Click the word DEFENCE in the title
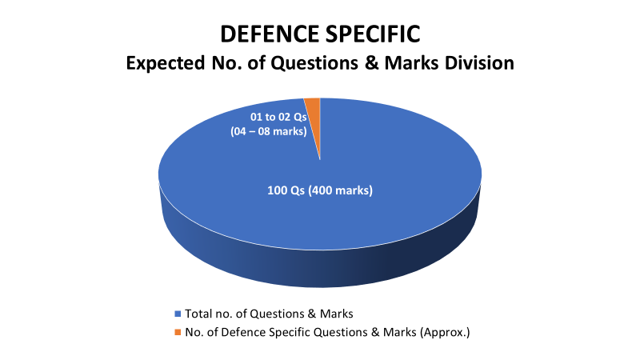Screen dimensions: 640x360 pyautogui.click(x=270, y=34)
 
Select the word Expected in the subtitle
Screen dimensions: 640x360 pyautogui.click(x=166, y=64)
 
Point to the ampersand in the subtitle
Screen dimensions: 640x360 pyautogui.click(x=372, y=63)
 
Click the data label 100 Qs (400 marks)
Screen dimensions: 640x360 pyautogui.click(x=320, y=190)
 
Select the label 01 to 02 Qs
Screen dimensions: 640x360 pyautogui.click(x=278, y=117)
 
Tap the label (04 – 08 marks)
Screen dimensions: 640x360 pyautogui.click(x=269, y=131)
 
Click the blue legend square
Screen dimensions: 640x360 pyautogui.click(x=178, y=314)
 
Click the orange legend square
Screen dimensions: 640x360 pyautogui.click(x=178, y=332)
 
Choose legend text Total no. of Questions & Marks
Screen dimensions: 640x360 pyautogui.click(x=269, y=314)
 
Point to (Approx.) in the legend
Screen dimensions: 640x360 pyautogui.click(x=445, y=333)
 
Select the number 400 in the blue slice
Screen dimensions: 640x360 pyautogui.click(x=322, y=190)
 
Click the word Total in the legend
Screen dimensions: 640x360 pyautogui.click(x=197, y=314)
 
